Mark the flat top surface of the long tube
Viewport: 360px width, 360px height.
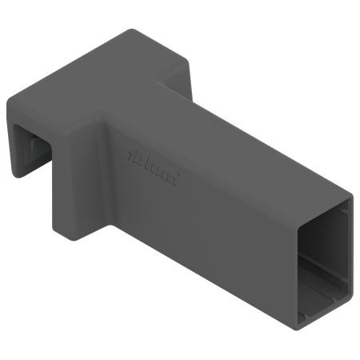pos(232,136)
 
